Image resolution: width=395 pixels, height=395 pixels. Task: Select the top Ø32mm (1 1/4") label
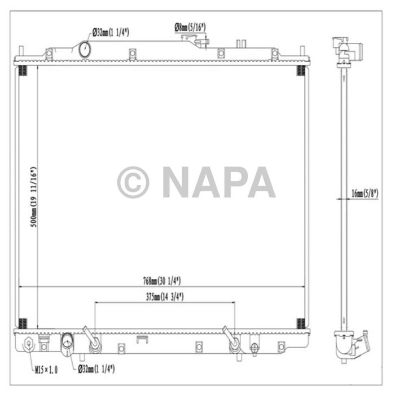[110, 33]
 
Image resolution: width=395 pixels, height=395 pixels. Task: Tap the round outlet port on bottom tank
[67, 342]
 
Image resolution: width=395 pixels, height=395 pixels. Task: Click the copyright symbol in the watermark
[133, 182]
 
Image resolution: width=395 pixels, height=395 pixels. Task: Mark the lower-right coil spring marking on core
[301, 323]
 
